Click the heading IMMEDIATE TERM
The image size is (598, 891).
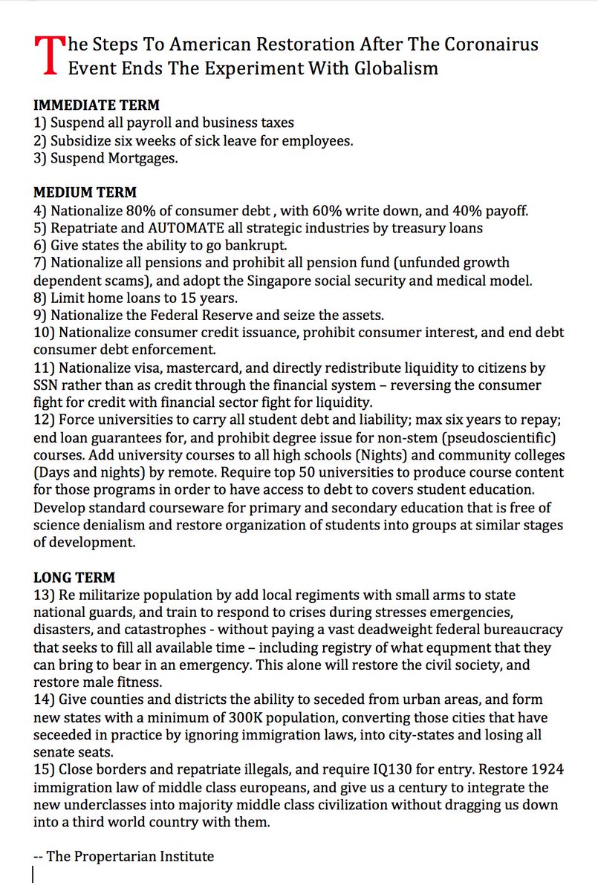click(x=97, y=105)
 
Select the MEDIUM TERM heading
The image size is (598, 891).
click(x=85, y=193)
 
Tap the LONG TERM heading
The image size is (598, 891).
click(x=74, y=577)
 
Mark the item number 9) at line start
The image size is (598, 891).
click(x=42, y=316)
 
